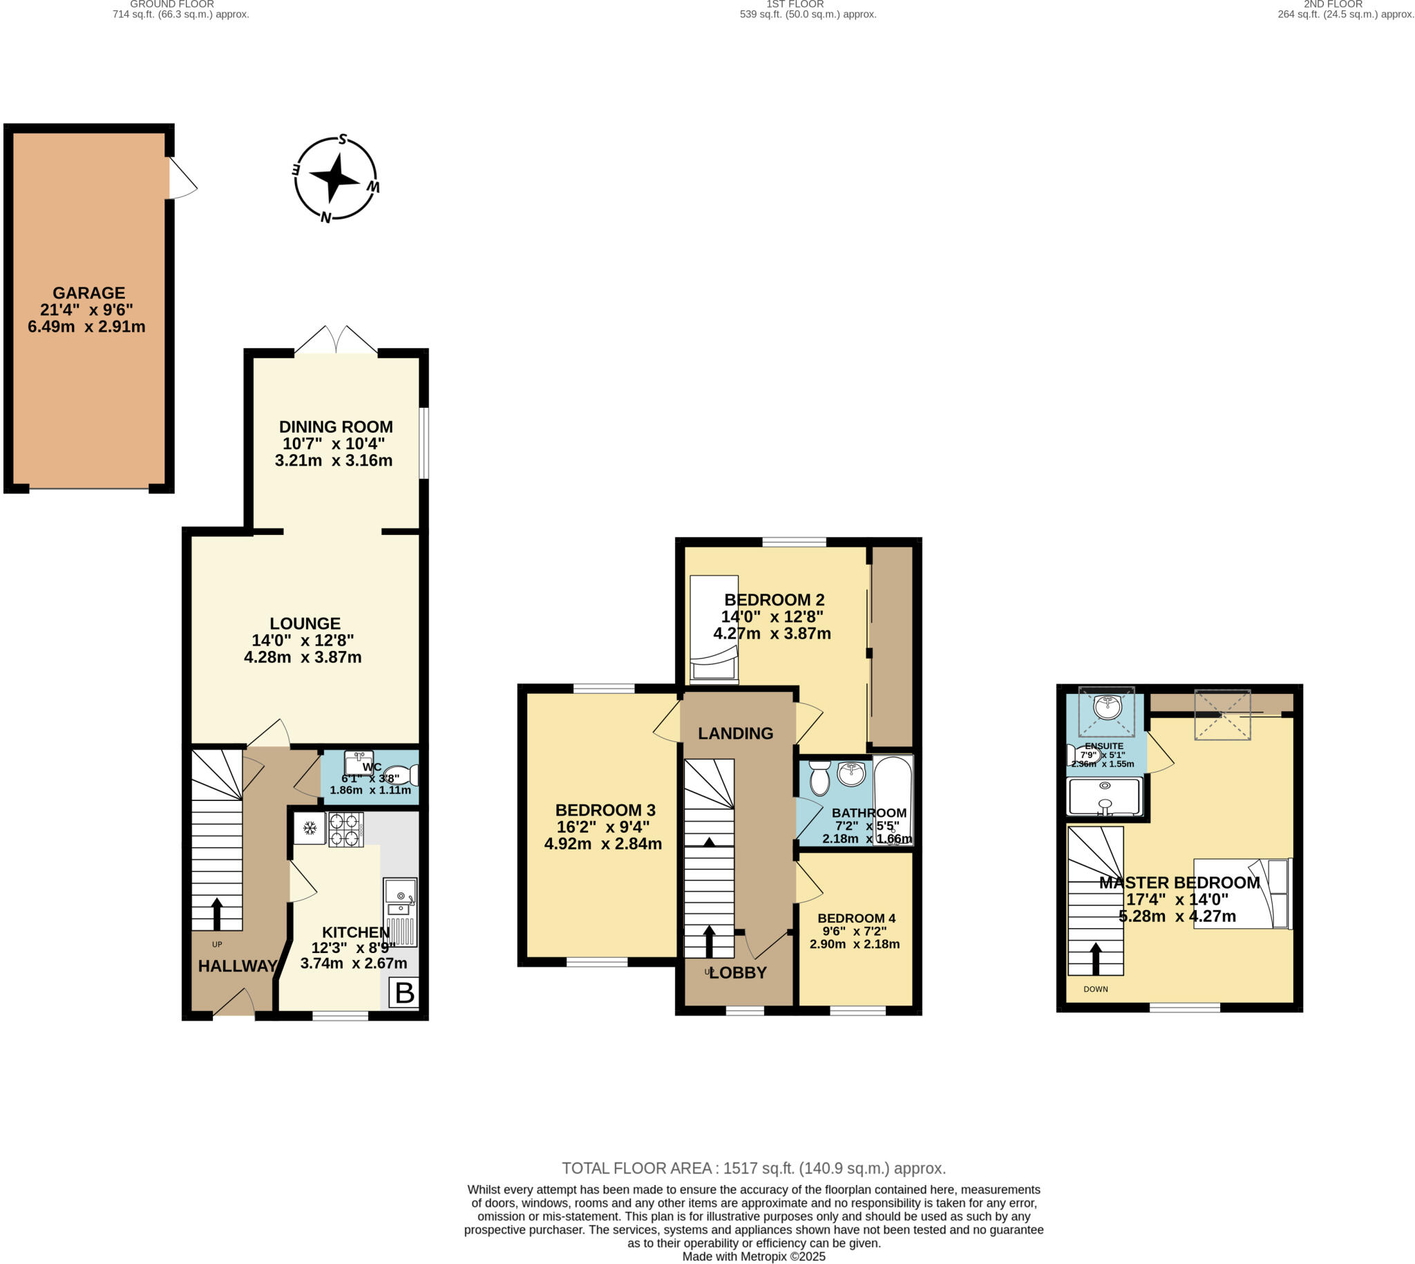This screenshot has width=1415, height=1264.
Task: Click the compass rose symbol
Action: [336, 178]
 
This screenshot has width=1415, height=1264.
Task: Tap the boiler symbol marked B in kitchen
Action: [404, 993]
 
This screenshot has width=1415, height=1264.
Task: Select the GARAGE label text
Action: [89, 293]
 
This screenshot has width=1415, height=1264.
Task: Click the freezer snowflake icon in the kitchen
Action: [310, 829]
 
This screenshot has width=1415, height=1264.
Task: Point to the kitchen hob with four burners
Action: [345, 829]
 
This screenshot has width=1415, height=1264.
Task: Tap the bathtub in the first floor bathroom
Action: [893, 800]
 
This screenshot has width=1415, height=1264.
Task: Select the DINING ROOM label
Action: [336, 427]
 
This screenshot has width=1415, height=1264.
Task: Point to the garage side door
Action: [182, 178]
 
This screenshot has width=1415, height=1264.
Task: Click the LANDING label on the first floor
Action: [735, 733]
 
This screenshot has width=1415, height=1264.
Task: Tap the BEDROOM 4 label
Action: [856, 918]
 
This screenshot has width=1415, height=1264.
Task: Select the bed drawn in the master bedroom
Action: [1243, 894]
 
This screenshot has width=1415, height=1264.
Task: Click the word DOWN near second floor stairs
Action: [1096, 989]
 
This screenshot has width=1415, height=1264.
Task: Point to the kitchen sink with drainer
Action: [401, 911]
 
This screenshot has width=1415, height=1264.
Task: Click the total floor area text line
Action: [753, 1168]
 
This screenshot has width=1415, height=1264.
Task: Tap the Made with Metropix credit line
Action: [753, 1256]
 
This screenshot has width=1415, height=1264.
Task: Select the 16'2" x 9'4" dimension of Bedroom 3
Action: [602, 827]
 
